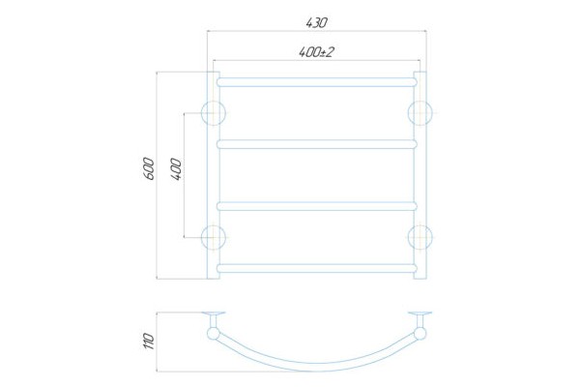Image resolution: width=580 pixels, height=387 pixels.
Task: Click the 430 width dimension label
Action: coord(317,23)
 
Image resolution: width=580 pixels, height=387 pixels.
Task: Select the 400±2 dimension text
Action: coord(316,52)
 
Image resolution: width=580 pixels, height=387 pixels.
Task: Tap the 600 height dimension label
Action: coord(149,169)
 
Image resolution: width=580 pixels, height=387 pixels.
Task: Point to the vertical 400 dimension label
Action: coord(177,169)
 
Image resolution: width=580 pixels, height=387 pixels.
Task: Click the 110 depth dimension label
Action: coord(149,342)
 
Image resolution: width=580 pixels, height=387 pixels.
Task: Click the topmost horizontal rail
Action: coord(317,82)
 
